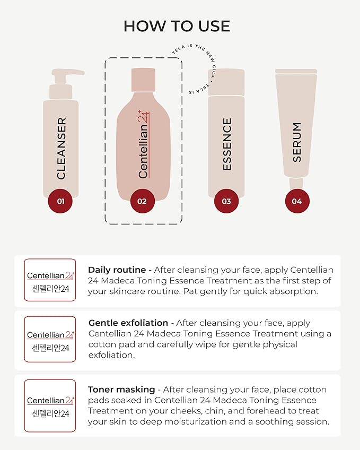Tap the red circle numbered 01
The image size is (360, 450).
click(x=60, y=201)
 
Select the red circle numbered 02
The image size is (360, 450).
click(x=142, y=201)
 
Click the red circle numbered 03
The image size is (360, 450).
click(x=226, y=201)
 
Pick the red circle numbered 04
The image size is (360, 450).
click(x=297, y=201)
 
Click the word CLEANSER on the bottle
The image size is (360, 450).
click(x=61, y=149)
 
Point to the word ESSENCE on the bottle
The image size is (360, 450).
click(x=227, y=144)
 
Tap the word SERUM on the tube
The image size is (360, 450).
click(x=297, y=142)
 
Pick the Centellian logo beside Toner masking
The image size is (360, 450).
click(x=50, y=405)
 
